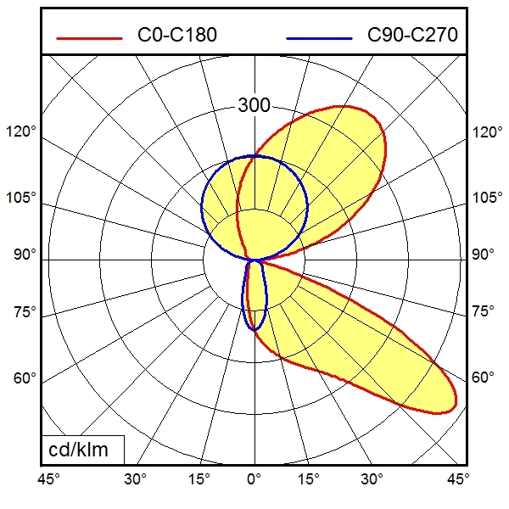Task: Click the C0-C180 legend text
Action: pos(176,36)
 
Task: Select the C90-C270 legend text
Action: pos(412,36)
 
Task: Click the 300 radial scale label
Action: pos(254,106)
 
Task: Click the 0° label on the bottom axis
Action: pos(254,480)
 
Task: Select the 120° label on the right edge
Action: pos(487,132)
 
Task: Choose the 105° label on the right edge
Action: pos(487,198)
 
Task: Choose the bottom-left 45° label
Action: pos(48,480)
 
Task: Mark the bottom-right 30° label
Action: pos(371,480)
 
